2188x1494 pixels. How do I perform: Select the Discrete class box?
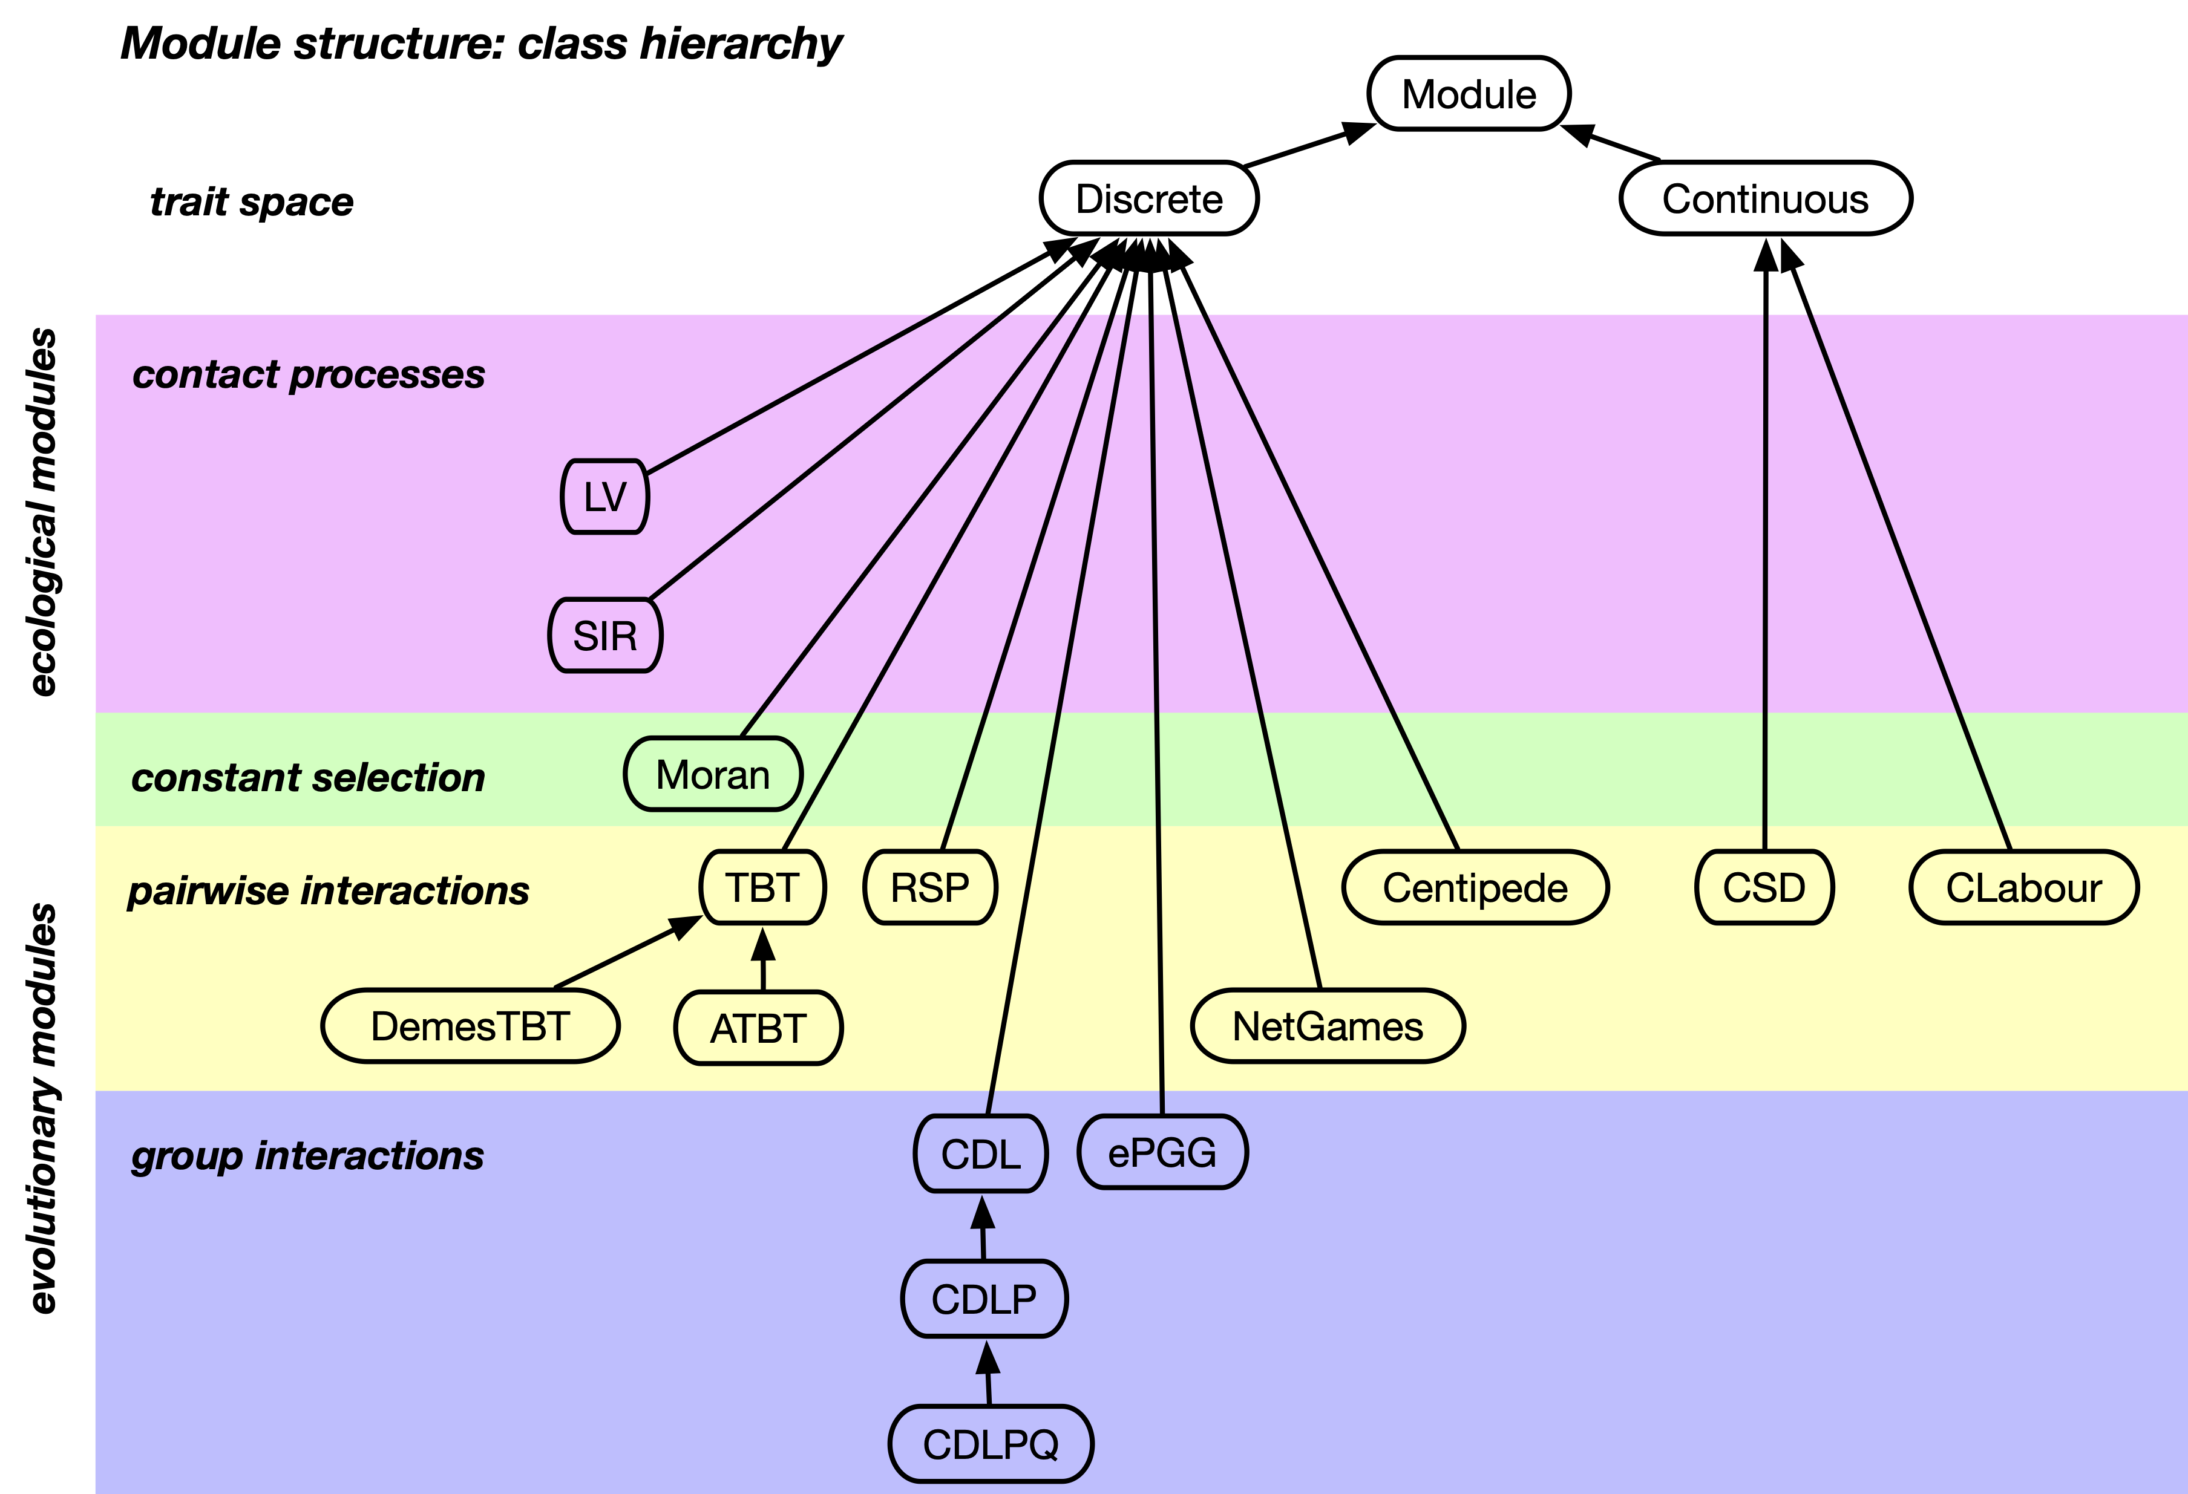[1148, 198]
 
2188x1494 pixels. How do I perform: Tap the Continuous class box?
[1765, 198]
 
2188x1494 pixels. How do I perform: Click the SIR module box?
[605, 636]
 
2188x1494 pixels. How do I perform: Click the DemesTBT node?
[470, 1026]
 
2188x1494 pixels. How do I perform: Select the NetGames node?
[1328, 1026]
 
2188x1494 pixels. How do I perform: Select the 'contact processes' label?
[309, 374]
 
